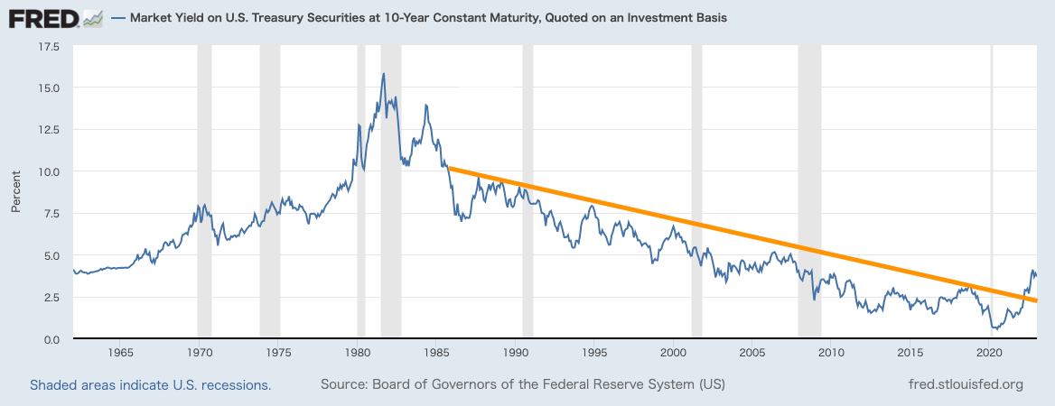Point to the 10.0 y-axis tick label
(47, 171)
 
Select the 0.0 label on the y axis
(51, 339)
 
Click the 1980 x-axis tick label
(358, 352)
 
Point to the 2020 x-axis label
(991, 352)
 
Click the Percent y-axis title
(16, 192)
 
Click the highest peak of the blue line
(384, 74)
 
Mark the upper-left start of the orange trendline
(449, 168)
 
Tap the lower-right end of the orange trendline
(1036, 300)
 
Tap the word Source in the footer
(343, 385)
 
